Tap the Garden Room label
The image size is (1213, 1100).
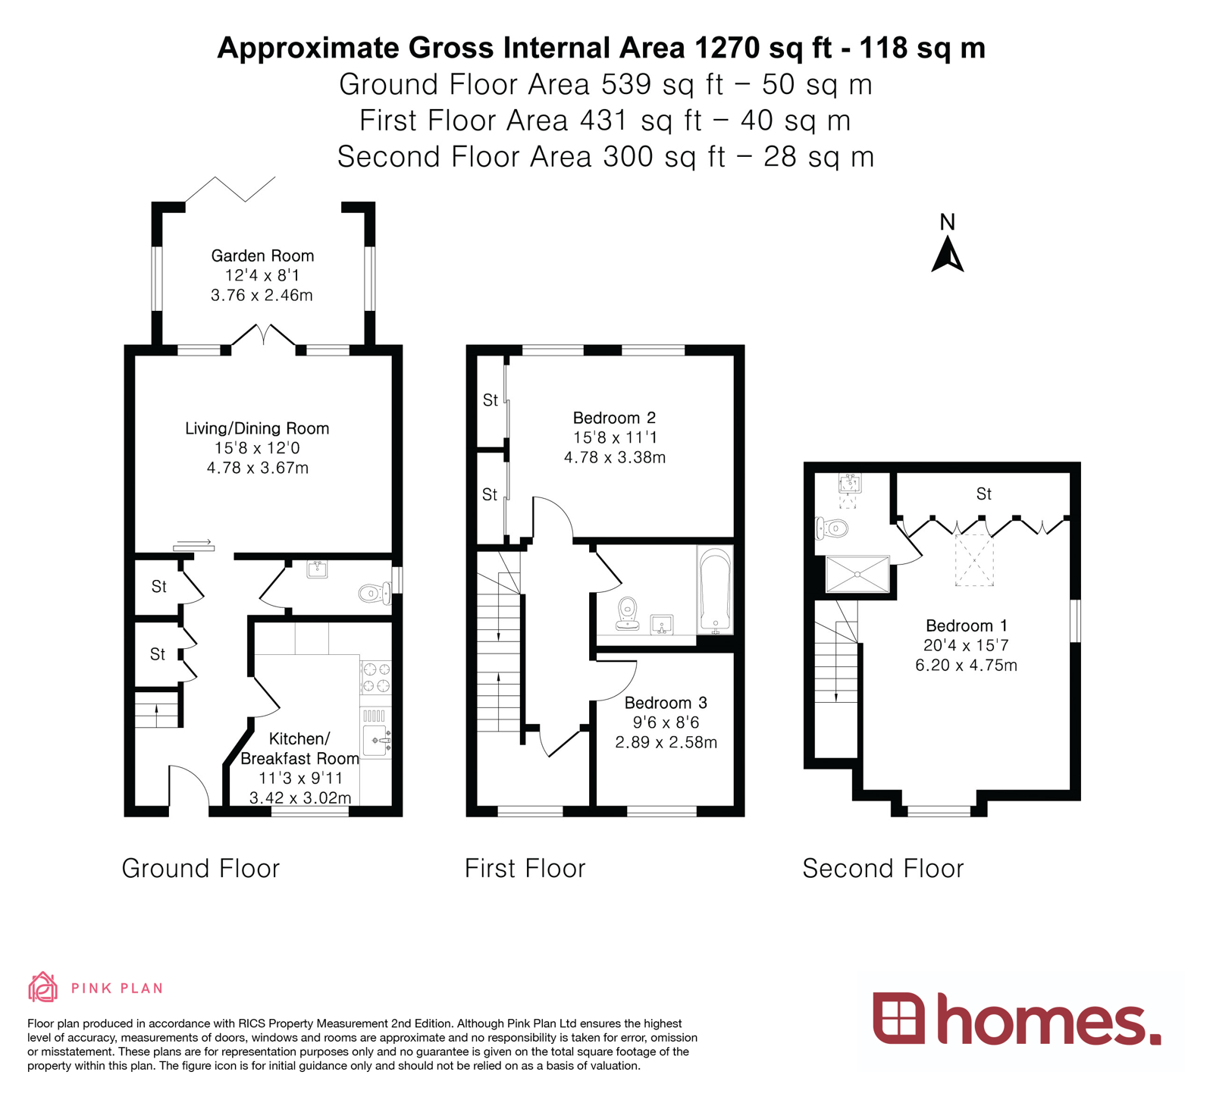point(262,255)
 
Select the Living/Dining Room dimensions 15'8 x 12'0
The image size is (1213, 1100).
point(257,448)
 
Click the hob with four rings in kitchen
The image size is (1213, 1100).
point(375,677)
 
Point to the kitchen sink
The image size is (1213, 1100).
point(376,740)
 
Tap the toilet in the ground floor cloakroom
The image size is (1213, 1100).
point(372,593)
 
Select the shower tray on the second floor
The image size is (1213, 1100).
point(857,575)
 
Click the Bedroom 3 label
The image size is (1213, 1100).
point(665,703)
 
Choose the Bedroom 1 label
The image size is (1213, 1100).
point(966,625)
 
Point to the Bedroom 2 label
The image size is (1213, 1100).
point(614,418)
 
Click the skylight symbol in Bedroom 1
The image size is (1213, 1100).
point(973,560)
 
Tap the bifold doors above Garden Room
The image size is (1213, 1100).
point(230,189)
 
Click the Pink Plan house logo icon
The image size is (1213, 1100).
point(42,987)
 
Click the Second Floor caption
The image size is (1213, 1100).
point(882,868)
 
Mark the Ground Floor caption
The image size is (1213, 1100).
point(201,868)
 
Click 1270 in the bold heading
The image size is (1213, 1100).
point(726,48)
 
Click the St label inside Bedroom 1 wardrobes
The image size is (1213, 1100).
point(983,494)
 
